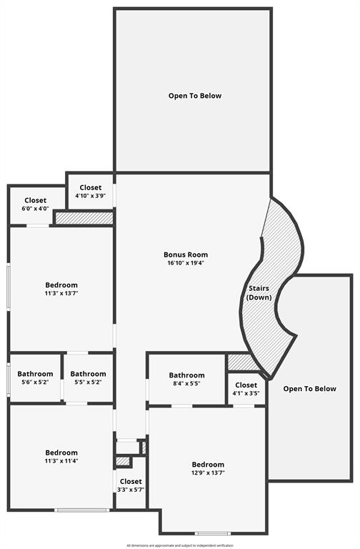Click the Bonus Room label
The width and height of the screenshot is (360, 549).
186,254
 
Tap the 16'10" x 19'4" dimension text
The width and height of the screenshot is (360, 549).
186,263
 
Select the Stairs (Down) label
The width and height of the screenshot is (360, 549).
259,292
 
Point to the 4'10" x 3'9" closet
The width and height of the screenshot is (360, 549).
90,192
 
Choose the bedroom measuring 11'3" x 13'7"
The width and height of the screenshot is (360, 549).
61,289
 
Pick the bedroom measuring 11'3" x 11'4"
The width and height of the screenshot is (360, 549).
61,456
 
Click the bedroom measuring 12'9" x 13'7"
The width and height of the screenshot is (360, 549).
208,468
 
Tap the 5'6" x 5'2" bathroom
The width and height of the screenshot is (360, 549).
35,377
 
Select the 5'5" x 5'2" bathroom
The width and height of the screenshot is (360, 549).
88,377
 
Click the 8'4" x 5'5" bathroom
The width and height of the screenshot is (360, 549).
186,379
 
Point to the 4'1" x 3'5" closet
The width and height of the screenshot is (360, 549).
246,389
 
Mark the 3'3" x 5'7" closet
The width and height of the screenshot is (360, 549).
131,485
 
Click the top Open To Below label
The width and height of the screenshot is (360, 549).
195,96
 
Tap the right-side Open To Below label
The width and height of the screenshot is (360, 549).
309,389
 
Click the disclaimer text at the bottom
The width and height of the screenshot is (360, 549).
180,545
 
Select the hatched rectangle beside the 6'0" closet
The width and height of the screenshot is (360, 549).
84,218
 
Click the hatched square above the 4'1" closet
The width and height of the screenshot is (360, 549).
239,362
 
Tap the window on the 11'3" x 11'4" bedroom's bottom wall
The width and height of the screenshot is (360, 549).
82,510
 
